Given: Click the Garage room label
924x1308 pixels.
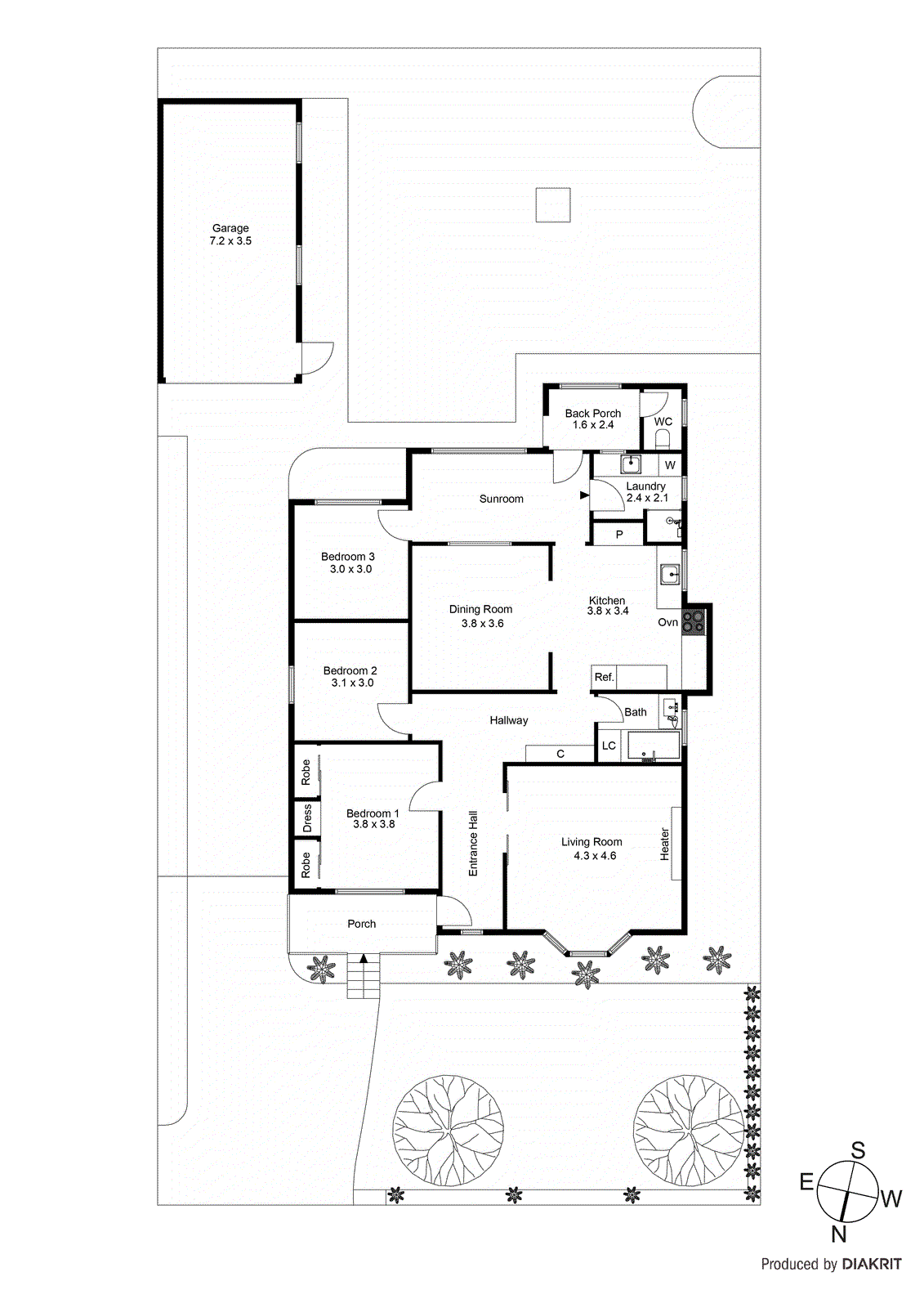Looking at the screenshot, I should coord(230,229).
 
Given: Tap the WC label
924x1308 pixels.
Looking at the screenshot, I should coord(663,422).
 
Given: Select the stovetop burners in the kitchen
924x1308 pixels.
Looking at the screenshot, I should coord(694,622).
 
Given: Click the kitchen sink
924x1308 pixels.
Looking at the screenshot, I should coord(670,575).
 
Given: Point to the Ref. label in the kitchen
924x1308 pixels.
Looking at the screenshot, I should coord(604,677).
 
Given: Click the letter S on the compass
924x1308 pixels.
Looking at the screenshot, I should coord(858,1151).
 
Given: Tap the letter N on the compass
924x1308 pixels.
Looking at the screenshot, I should coord(838,1234).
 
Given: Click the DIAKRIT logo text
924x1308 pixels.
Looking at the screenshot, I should coord(872,1264).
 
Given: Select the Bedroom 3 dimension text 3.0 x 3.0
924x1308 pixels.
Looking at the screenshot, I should coord(350,569).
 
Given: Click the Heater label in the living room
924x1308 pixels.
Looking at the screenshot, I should coord(665,844).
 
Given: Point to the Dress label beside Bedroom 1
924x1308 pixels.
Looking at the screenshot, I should coord(307,817).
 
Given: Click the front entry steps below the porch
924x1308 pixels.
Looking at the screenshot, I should coord(364,977).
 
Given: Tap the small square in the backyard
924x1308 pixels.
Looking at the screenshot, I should coord(553,205).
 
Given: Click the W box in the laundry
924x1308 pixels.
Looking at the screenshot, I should coord(670,465).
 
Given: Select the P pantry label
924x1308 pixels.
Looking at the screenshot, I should coord(619,535).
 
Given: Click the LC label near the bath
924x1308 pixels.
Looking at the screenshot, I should coord(609,746).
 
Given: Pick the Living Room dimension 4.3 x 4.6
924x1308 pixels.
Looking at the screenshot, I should coord(595,856).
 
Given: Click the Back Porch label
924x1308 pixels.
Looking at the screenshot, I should coord(592,414).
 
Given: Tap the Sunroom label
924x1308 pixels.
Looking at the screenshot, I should coord(501,499).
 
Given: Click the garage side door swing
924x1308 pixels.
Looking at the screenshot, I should coord(316,358).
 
